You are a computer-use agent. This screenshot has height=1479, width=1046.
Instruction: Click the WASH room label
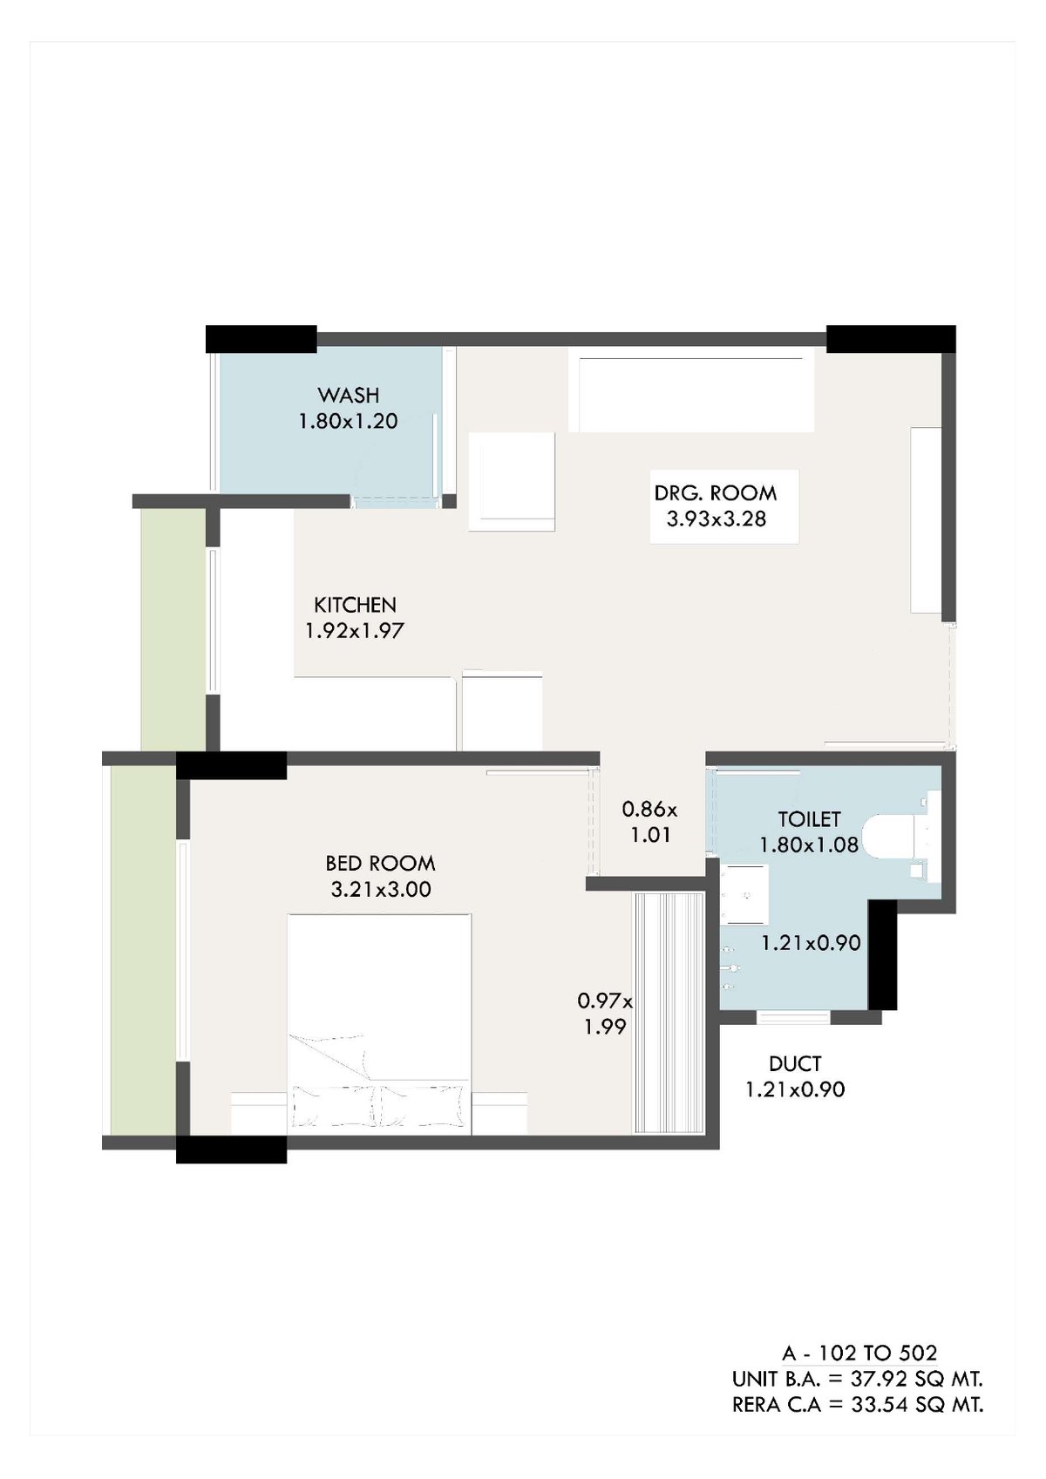349,395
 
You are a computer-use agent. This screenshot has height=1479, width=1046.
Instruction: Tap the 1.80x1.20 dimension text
349,421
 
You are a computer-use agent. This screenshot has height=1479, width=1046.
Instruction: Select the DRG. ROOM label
715,492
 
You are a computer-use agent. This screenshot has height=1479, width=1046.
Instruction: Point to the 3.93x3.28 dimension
717,519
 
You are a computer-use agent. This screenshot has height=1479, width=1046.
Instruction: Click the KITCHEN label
355,605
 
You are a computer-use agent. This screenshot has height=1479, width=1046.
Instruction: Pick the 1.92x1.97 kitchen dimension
355,631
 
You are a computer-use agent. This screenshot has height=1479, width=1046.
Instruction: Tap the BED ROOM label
380,863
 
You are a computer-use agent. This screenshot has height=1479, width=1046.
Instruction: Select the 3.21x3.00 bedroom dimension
380,889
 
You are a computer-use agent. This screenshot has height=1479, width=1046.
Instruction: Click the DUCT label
795,1063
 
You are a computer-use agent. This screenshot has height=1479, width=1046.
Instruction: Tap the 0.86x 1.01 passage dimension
650,821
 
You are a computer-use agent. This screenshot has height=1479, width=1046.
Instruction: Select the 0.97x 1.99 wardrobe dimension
605,1014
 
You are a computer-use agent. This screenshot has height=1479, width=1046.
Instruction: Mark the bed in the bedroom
379,1024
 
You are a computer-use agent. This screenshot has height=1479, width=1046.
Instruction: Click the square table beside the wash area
512,481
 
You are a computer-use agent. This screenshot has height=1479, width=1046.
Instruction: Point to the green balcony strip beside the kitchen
173,630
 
